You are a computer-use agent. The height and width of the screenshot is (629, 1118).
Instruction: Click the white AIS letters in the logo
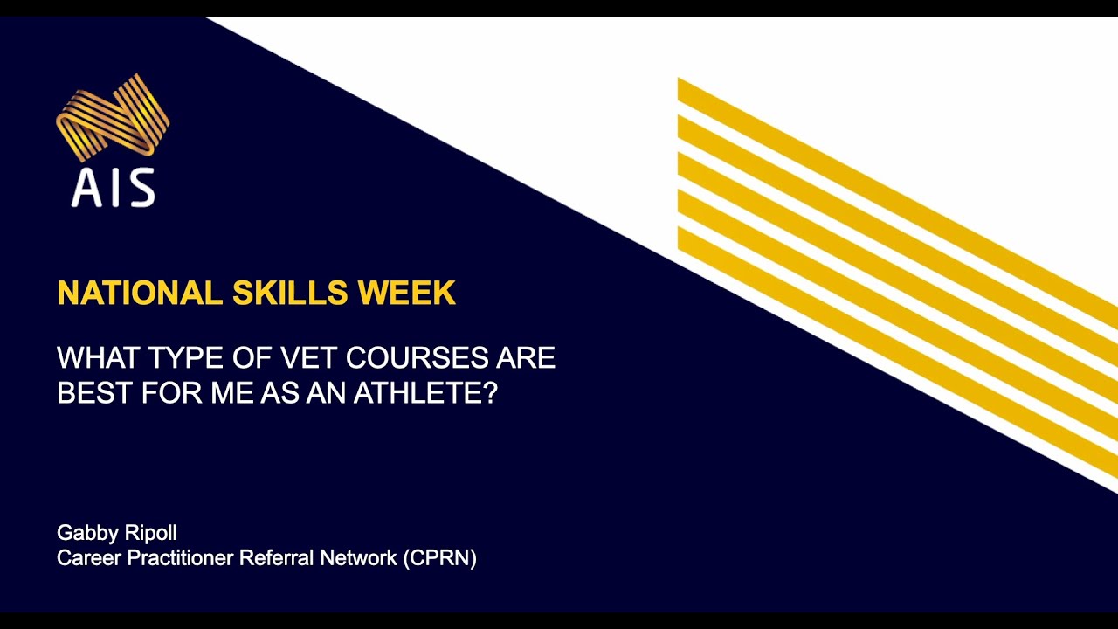tap(113, 187)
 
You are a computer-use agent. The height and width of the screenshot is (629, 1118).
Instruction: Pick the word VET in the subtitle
tap(307, 358)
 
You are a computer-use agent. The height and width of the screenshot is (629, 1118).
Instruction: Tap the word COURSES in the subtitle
tap(421, 358)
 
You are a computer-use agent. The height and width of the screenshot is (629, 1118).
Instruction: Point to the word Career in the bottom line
tap(89, 558)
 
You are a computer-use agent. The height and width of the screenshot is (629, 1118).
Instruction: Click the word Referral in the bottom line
tap(279, 558)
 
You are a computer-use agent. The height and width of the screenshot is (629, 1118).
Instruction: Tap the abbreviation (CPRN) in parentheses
tap(440, 558)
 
